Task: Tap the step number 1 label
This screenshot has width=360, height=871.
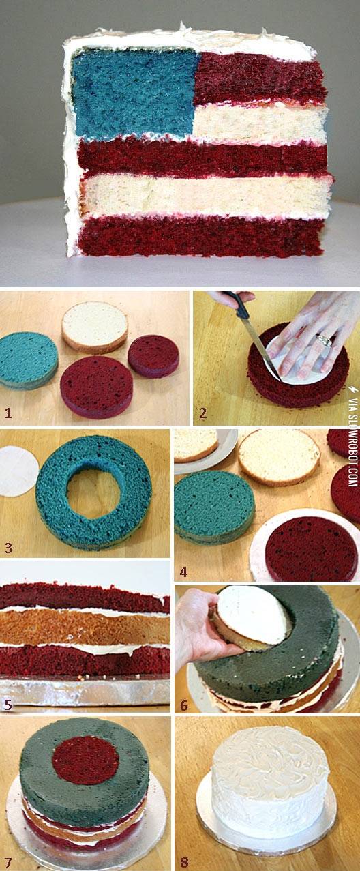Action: (8, 413)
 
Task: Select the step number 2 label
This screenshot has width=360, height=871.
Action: (202, 413)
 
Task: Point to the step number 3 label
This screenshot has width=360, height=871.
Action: (9, 548)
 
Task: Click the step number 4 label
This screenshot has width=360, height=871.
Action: (183, 572)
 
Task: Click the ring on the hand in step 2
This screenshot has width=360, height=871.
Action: (325, 340)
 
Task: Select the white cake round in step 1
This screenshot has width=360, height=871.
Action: (95, 327)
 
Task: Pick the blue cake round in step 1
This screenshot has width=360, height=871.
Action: (28, 360)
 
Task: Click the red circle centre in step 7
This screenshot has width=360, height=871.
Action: (85, 760)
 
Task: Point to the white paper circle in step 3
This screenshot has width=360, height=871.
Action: (18, 471)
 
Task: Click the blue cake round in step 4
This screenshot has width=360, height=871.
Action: (214, 508)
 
